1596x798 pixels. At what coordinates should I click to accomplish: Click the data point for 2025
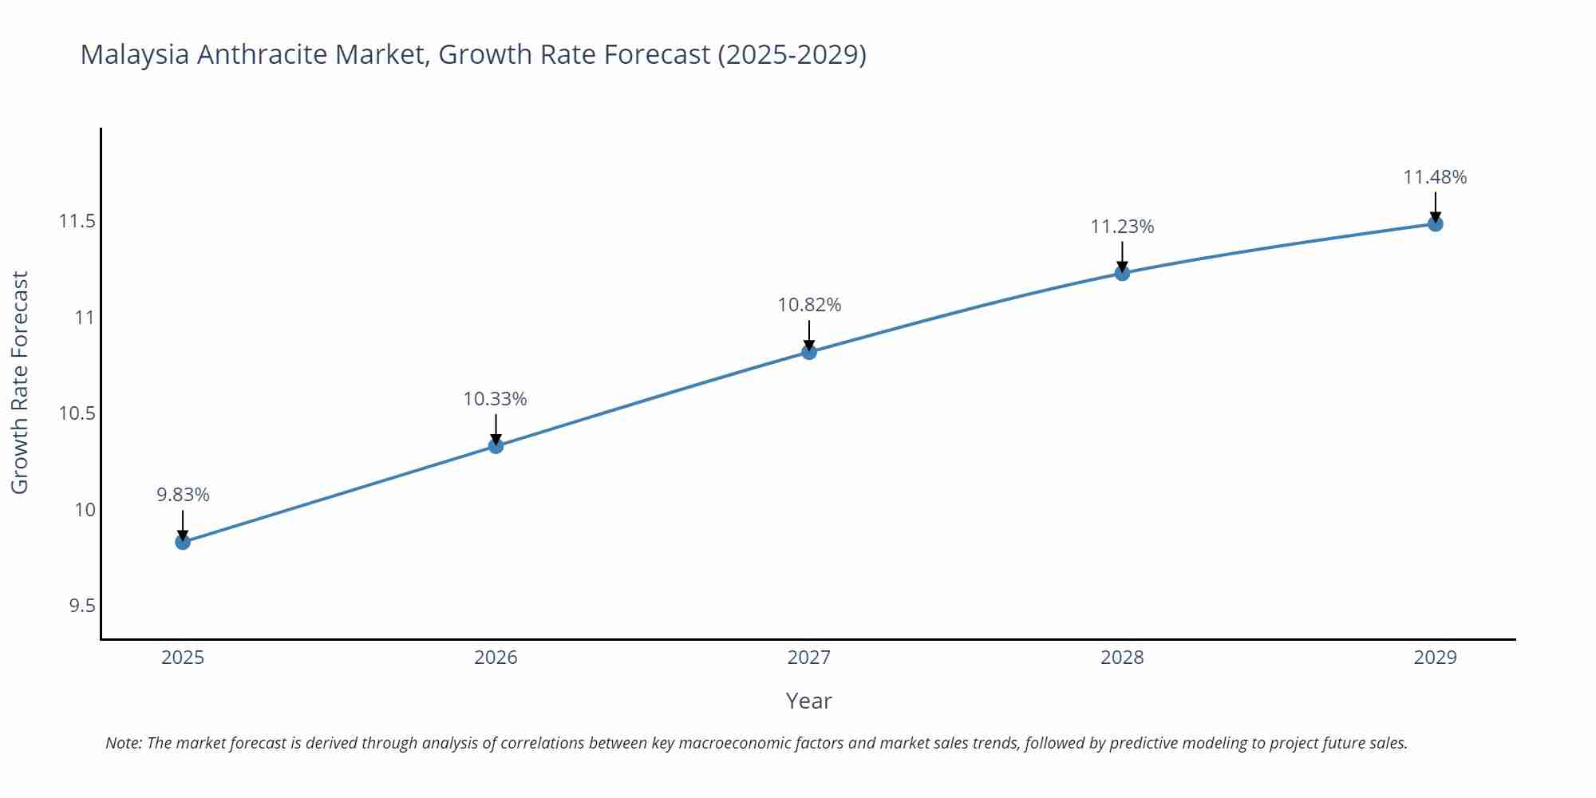click(183, 543)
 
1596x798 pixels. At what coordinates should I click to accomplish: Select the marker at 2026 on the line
click(496, 446)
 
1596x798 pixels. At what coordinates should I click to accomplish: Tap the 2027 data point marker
click(809, 352)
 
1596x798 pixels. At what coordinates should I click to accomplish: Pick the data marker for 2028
click(1122, 274)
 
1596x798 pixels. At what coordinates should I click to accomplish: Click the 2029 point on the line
click(1435, 224)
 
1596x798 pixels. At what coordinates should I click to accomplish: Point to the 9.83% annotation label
click(183, 495)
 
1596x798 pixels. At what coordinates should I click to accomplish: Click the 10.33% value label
click(495, 399)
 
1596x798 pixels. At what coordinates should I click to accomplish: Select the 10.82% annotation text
click(809, 305)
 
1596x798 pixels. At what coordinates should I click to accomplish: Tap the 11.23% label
click(1122, 227)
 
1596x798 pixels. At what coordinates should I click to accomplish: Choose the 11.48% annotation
click(1435, 177)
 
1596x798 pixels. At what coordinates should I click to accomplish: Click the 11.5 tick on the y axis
click(77, 221)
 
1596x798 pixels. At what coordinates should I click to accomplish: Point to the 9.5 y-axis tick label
click(81, 606)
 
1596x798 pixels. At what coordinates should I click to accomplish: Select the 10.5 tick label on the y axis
click(77, 413)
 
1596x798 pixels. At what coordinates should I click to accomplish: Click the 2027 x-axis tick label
click(808, 658)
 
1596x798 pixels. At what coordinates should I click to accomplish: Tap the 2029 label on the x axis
click(1435, 658)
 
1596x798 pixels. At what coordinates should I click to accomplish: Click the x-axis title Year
click(808, 701)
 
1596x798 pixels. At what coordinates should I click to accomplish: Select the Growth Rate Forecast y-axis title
click(20, 382)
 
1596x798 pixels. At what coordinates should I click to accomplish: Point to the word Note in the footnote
click(123, 743)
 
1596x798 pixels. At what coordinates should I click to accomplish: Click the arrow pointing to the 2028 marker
click(1122, 257)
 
